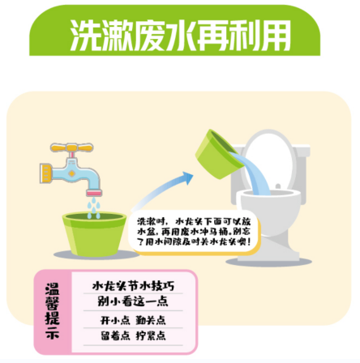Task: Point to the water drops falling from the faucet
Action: tap(94, 209)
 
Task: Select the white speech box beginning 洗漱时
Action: tap(194, 231)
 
